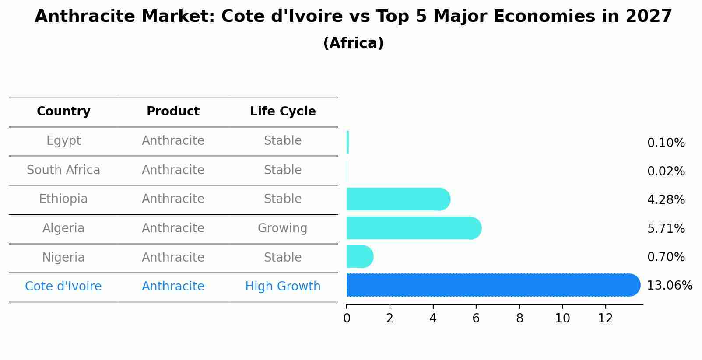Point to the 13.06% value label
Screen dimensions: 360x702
(x=669, y=286)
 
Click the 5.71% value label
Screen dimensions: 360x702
(x=666, y=228)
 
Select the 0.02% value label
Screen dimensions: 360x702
(x=666, y=171)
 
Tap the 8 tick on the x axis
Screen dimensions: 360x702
(x=519, y=318)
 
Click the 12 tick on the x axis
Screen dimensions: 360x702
(x=605, y=318)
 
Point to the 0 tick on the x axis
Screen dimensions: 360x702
(x=347, y=318)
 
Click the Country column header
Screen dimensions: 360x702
(x=63, y=112)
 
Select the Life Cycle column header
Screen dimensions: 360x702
(x=283, y=112)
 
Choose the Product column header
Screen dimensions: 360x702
(x=173, y=112)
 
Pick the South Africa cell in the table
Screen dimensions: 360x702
(x=63, y=170)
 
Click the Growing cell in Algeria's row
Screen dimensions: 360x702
(x=282, y=228)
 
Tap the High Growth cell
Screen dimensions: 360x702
(x=283, y=287)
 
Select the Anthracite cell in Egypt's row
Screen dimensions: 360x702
(x=173, y=141)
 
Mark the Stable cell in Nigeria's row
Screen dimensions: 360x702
(x=282, y=258)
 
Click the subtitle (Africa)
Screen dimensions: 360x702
(x=353, y=43)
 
